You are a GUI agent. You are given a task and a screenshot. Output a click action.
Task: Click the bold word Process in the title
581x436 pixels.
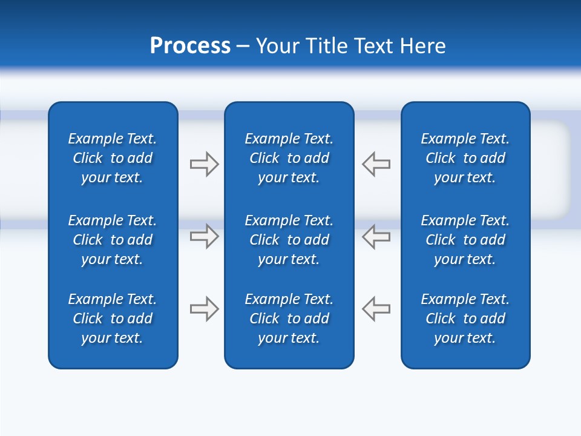pyautogui.click(x=190, y=46)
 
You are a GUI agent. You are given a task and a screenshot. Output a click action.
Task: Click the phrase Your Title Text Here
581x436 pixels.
pyautogui.click(x=350, y=46)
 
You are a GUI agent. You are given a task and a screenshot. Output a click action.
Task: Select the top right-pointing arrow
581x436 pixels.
pyautogui.click(x=204, y=164)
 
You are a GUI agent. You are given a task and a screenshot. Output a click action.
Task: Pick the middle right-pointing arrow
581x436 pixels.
pyautogui.click(x=204, y=236)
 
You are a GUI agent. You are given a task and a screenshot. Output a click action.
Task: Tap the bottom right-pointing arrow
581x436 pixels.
pyautogui.click(x=204, y=309)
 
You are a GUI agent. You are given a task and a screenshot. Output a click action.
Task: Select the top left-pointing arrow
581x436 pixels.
pyautogui.click(x=376, y=164)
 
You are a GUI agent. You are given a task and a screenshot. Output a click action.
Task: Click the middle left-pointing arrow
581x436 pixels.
pyautogui.click(x=376, y=236)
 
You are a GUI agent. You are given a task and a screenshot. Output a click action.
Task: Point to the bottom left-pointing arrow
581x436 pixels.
pyautogui.click(x=376, y=309)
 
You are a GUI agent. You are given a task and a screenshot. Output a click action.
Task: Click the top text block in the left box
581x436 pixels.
pyautogui.click(x=113, y=158)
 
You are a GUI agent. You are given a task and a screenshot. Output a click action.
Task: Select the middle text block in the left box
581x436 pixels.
pyautogui.click(x=113, y=240)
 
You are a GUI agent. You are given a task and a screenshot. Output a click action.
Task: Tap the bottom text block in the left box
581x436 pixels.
pyautogui.click(x=113, y=319)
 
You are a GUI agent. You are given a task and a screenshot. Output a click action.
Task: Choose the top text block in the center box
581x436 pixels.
pyautogui.click(x=289, y=158)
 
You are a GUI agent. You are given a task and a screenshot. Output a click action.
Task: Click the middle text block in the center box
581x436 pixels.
pyautogui.click(x=289, y=240)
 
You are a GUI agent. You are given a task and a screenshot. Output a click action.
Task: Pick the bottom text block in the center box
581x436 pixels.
pyautogui.click(x=289, y=319)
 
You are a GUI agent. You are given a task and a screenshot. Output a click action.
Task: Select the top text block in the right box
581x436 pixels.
pyautogui.click(x=465, y=158)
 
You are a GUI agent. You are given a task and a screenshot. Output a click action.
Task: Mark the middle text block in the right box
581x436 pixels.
pyautogui.click(x=465, y=240)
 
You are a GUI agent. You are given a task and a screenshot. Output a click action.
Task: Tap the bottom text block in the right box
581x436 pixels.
pyautogui.click(x=465, y=319)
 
